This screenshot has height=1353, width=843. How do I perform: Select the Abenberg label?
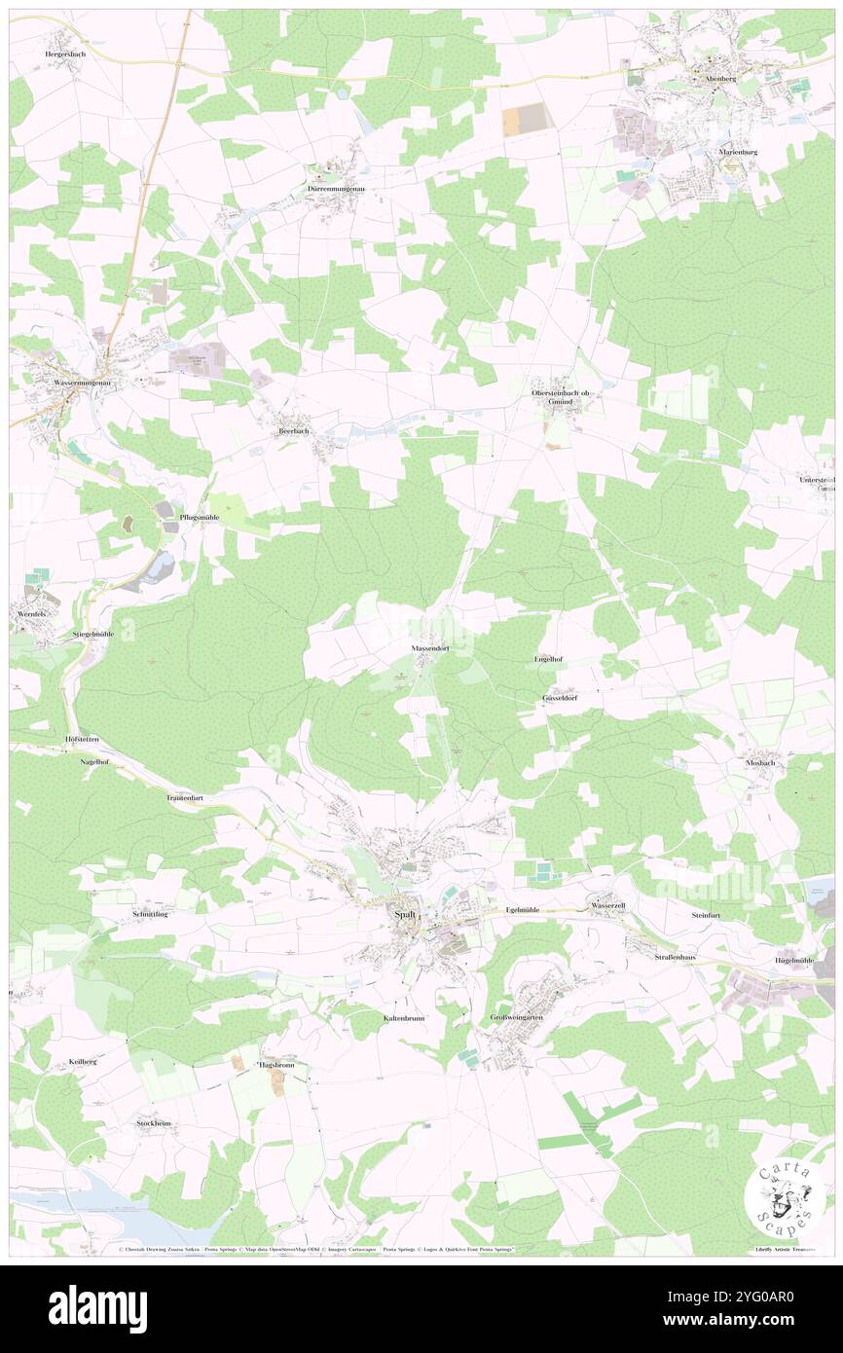click(x=714, y=79)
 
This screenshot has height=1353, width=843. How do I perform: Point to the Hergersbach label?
click(x=64, y=55)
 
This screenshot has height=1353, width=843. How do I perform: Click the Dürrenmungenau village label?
click(x=334, y=188)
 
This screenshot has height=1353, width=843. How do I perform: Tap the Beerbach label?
click(x=294, y=430)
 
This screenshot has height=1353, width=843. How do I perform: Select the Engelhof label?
click(x=549, y=660)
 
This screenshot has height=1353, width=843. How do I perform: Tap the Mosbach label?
click(x=759, y=762)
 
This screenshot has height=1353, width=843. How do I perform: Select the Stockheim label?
click(x=154, y=1123)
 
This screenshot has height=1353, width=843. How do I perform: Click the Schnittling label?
click(x=150, y=915)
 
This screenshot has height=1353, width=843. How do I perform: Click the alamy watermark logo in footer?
click(x=97, y=1308)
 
